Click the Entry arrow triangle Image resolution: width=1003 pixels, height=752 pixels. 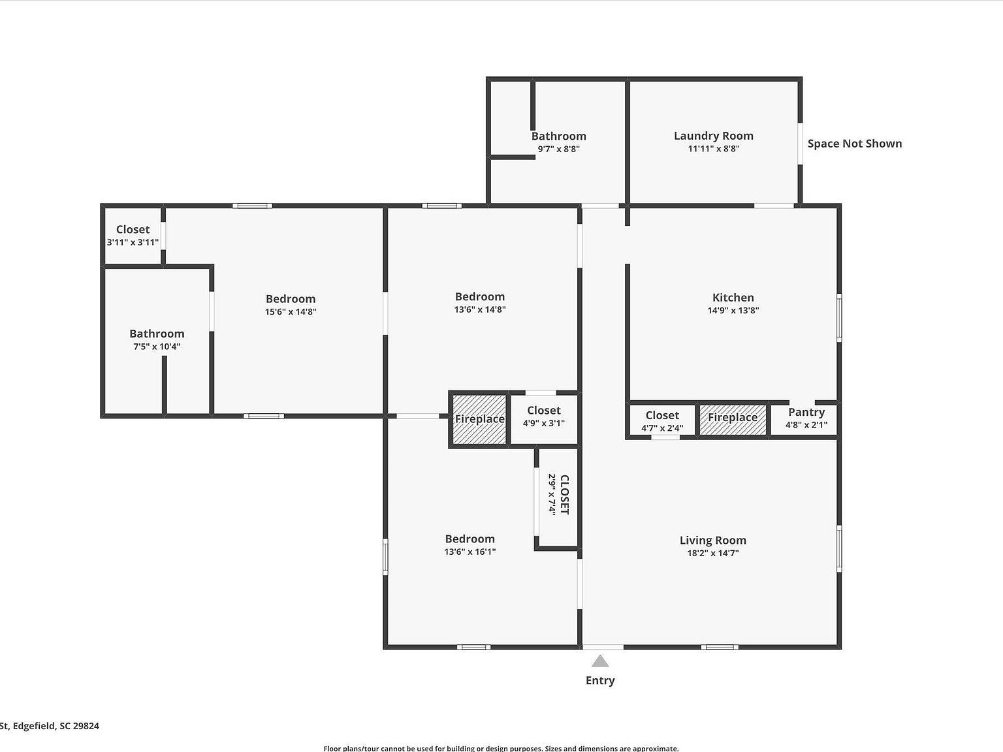(600, 661)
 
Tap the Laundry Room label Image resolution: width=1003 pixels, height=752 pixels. (713, 136)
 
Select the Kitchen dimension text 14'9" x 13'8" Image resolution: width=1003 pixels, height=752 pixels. (733, 311)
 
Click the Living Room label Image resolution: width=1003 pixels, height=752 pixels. (712, 540)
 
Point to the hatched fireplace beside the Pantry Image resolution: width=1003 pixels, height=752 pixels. (733, 418)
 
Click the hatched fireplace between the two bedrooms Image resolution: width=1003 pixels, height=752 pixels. (479, 419)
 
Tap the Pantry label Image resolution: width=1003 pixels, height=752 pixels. (806, 412)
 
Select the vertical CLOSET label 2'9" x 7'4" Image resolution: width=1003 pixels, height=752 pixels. (559, 495)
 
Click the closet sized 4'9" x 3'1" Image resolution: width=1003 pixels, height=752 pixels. (543, 416)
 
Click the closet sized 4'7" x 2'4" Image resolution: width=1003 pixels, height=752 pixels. (662, 421)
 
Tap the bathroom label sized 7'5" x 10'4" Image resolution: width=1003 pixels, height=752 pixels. (157, 334)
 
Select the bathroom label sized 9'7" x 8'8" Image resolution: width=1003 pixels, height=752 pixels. (558, 136)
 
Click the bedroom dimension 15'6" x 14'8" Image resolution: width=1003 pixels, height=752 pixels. (291, 312)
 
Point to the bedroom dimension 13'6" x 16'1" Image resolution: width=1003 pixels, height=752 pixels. (470, 552)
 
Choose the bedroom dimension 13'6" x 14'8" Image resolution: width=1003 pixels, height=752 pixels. (480, 310)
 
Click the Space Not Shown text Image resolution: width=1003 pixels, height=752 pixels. (854, 144)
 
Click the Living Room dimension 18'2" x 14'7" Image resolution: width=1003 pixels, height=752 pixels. (712, 553)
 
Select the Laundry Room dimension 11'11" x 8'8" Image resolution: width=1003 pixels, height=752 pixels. (713, 148)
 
